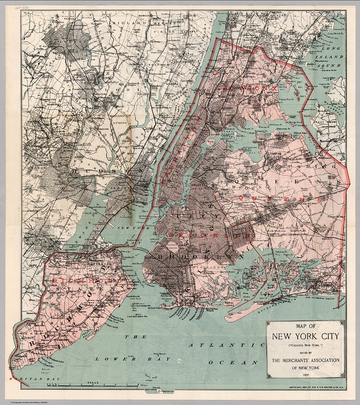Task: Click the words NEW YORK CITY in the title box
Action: (305, 336)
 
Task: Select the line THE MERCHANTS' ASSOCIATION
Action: (305, 360)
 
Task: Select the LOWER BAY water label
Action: (132, 358)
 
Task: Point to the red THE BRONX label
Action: (247, 88)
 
